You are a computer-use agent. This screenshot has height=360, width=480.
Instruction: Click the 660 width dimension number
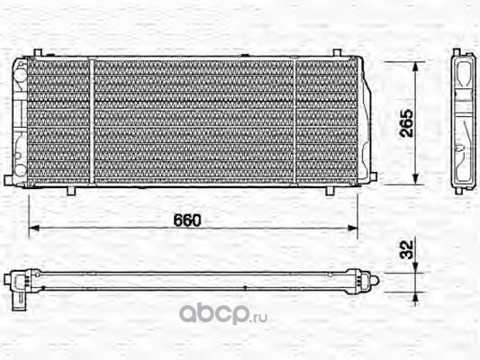[187, 220]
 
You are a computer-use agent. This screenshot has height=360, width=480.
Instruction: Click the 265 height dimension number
[406, 122]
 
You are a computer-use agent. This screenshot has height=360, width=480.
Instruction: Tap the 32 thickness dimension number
[407, 249]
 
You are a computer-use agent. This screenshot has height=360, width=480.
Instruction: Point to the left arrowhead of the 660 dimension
[34, 228]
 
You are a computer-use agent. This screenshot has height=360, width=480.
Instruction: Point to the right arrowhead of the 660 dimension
[353, 228]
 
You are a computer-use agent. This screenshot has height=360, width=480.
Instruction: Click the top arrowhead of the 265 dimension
[415, 67]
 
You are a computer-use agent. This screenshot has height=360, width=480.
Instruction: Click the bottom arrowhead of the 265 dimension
[415, 179]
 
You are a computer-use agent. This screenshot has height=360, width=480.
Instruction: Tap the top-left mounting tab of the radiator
[37, 52]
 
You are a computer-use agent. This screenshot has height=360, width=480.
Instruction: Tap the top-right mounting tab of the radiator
[337, 52]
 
